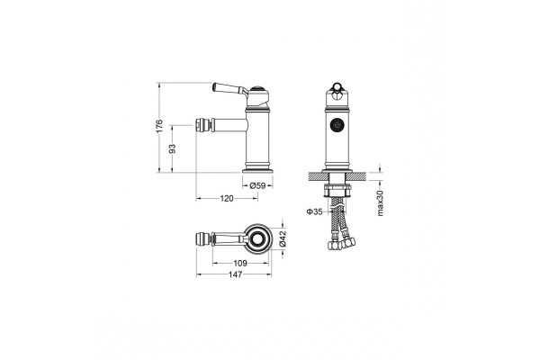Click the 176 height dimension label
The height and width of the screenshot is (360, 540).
click(x=158, y=126)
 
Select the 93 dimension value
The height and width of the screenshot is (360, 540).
click(x=172, y=148)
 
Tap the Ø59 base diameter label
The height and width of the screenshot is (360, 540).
click(x=257, y=185)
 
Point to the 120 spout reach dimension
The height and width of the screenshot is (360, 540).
click(x=227, y=198)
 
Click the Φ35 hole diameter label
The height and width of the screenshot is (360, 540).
click(x=314, y=211)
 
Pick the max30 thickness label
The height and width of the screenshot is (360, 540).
click(x=380, y=202)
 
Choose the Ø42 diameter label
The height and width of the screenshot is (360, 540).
click(x=283, y=238)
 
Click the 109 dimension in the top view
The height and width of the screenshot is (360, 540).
click(x=240, y=263)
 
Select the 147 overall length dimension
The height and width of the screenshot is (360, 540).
click(x=236, y=274)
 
